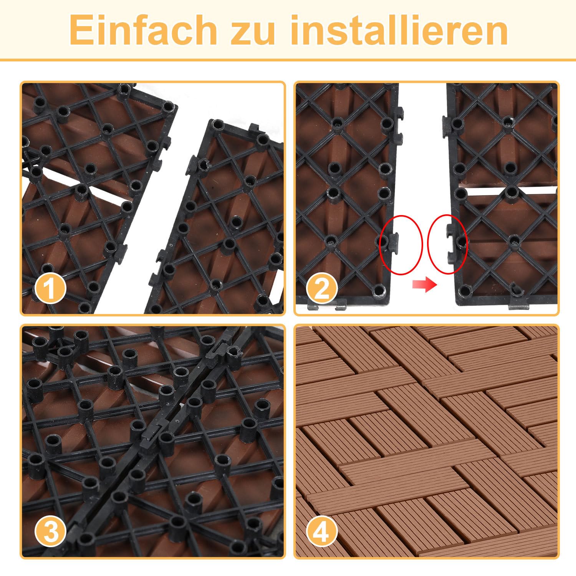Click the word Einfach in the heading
click(143, 30)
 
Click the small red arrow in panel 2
click(425, 285)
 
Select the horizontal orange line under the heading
click(288, 60)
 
